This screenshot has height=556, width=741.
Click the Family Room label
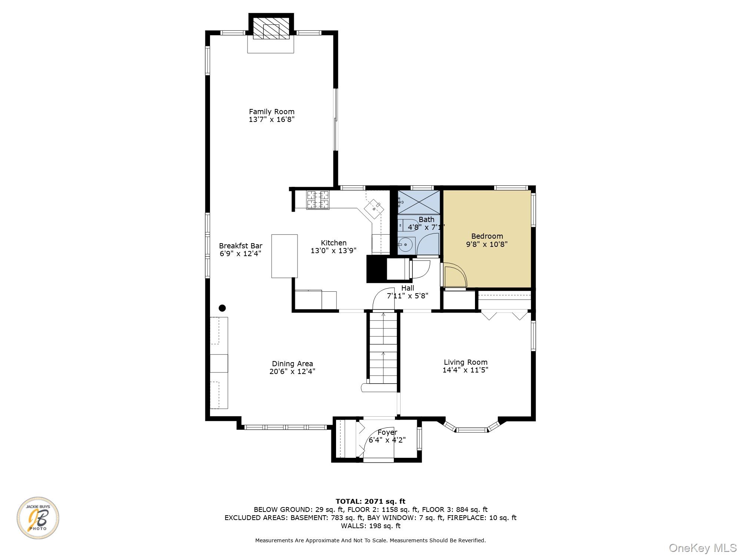[272, 112]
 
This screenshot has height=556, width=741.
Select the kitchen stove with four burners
[318, 200]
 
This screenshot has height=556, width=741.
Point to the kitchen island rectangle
[284, 256]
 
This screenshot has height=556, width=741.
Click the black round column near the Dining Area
[222, 308]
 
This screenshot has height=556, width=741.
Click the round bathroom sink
[406, 245]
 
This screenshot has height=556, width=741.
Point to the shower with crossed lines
[419, 202]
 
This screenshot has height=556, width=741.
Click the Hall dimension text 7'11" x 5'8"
[408, 296]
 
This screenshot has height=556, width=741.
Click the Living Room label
[465, 362]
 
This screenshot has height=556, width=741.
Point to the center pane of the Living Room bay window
[471, 430]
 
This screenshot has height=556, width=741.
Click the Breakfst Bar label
[240, 246]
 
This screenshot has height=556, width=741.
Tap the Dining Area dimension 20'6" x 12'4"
[292, 371]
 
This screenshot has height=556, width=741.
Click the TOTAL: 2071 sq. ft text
[370, 502]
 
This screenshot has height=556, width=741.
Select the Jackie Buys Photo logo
[38, 518]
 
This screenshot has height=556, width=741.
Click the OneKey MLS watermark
[702, 547]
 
